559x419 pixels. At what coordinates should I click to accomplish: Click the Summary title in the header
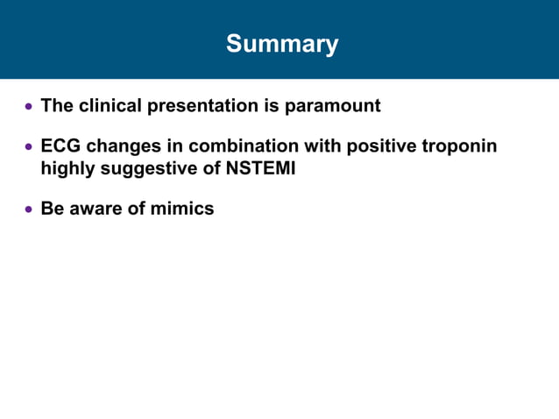pos(281,44)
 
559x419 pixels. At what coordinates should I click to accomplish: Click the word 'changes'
pos(122,146)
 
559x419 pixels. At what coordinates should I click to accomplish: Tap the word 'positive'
pos(381,146)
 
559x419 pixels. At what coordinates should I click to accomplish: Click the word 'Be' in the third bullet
pos(53,209)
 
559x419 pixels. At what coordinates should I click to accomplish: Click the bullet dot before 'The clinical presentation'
pos(29,107)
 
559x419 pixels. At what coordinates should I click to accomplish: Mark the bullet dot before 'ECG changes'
pos(29,146)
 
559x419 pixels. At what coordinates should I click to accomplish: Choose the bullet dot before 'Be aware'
pos(29,209)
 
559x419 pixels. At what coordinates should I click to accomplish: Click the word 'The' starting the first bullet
pos(57,106)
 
